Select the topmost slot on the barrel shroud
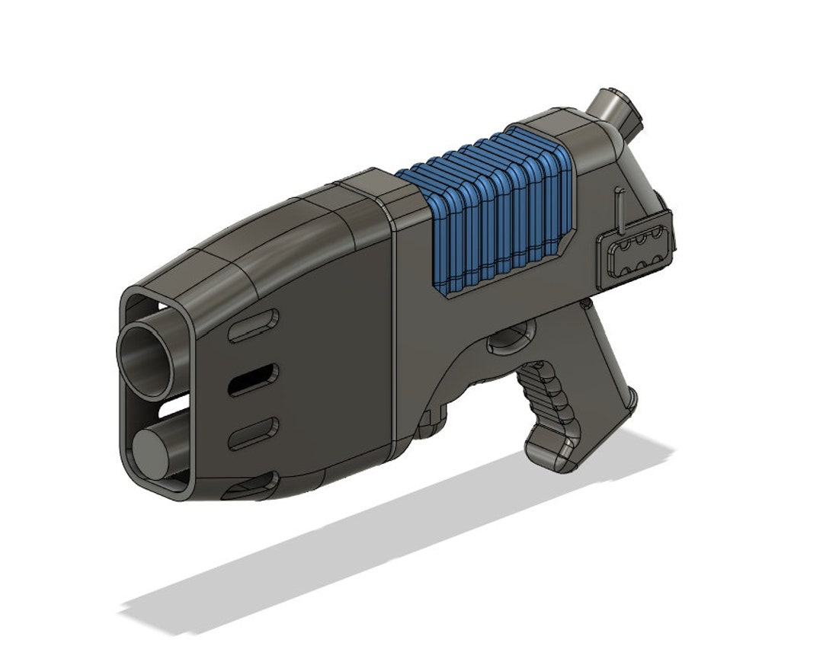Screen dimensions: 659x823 pos(255,325)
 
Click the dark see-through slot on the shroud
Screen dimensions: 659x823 pos(253,379)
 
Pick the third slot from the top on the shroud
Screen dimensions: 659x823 pos(254,433)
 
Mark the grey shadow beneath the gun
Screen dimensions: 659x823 pos(381,556)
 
